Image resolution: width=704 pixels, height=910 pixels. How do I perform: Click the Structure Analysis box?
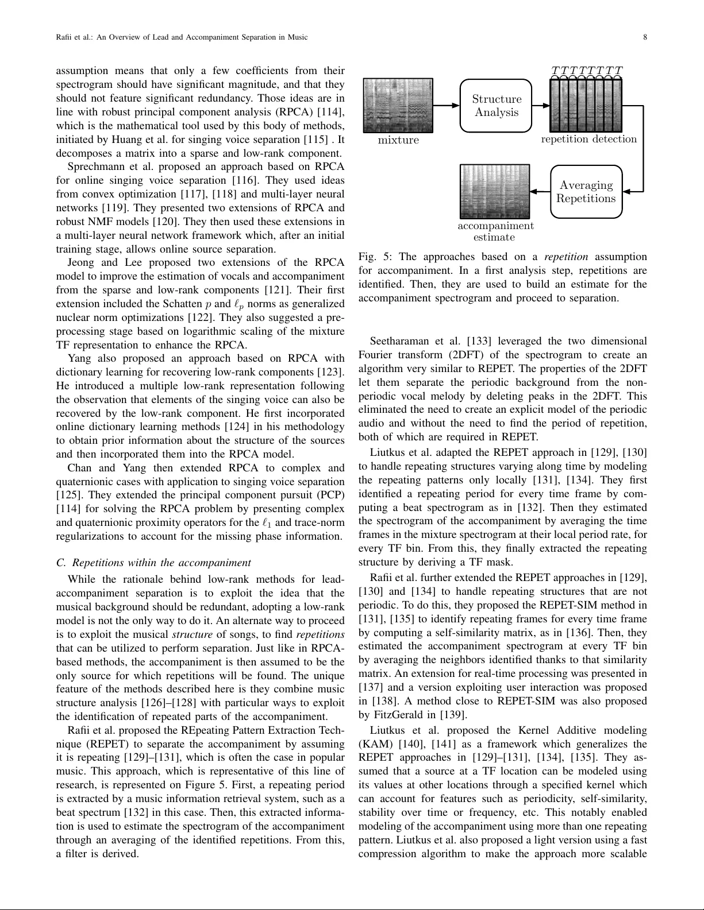[x=496, y=106]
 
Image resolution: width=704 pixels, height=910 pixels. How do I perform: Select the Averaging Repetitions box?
[x=586, y=192]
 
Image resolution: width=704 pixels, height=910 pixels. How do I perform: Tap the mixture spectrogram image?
[x=398, y=106]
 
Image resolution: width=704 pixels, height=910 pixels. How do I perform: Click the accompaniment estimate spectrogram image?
[x=494, y=192]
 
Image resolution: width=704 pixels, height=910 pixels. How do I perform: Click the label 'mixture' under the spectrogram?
[x=398, y=140]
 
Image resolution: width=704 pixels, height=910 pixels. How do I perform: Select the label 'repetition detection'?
[x=588, y=140]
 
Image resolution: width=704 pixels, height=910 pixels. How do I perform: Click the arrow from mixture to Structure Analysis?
[x=447, y=106]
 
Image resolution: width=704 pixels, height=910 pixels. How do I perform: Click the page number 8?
[x=645, y=37]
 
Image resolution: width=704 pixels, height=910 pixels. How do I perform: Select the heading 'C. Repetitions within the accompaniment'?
[x=153, y=563]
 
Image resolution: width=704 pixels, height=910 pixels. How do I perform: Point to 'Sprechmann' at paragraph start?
[x=95, y=167]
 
